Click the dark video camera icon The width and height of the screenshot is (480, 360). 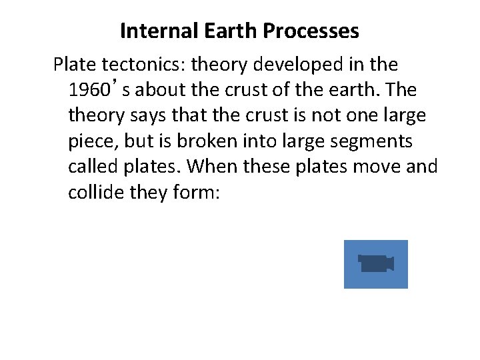[x=376, y=264]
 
